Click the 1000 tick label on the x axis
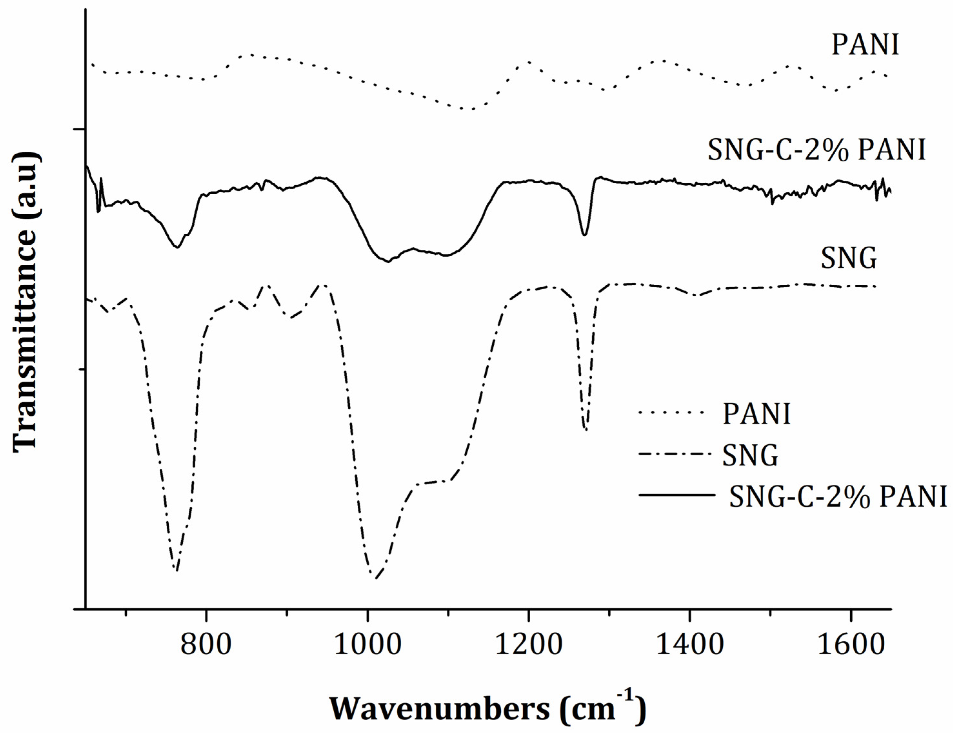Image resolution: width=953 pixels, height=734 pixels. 367,645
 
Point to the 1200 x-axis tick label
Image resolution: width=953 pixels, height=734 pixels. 529,645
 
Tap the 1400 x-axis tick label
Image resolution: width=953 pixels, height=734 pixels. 690,645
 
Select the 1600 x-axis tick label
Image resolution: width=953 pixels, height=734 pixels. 850,645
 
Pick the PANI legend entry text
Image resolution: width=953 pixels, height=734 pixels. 756,413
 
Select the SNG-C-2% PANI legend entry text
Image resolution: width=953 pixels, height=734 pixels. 838,496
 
